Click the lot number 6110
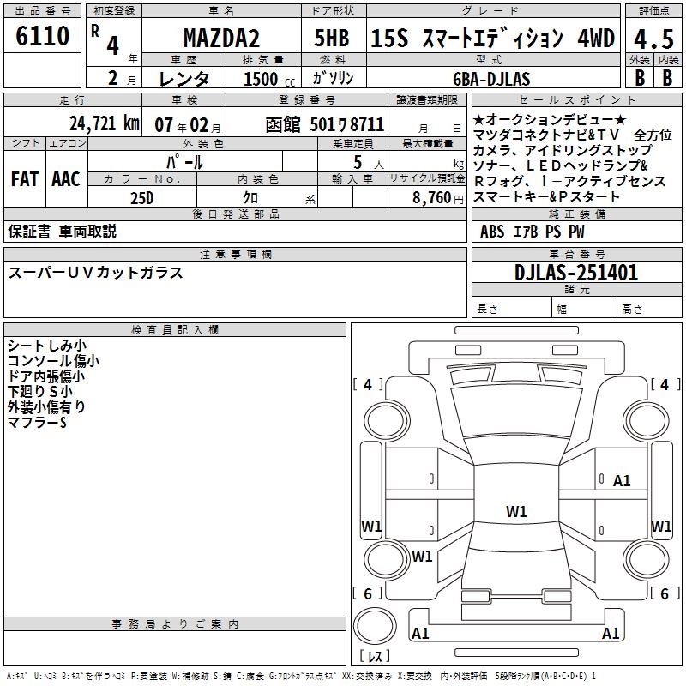coord(42,35)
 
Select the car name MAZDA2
coord(221,38)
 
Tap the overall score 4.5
coord(653,39)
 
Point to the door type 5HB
coord(332,38)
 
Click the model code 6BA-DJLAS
coord(491,79)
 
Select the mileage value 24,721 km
coord(105,123)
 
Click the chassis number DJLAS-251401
coord(576,273)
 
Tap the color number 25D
coord(142,198)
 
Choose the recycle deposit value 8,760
coord(431,198)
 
